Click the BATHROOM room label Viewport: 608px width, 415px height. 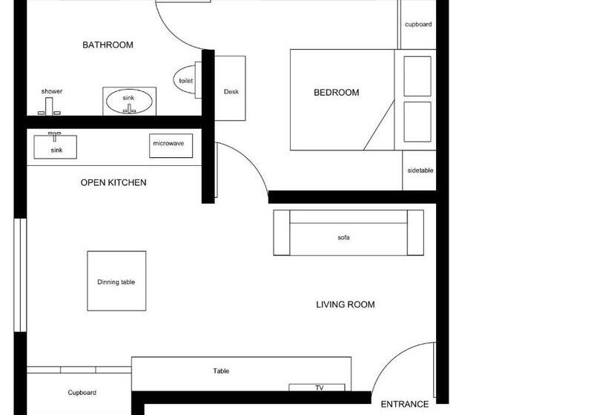tap(108, 45)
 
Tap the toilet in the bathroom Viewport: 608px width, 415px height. tap(186, 80)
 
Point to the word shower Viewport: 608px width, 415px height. tap(52, 91)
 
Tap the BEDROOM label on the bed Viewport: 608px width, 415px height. tap(336, 93)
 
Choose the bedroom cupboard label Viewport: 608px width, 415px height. tap(418, 24)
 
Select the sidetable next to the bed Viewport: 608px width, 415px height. tap(420, 170)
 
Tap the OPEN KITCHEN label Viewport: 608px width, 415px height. tap(113, 182)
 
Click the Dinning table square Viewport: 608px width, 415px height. tap(116, 281)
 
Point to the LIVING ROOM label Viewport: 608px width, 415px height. tap(345, 305)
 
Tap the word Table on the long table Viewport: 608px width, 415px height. tap(221, 371)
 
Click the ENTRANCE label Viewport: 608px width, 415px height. tap(404, 405)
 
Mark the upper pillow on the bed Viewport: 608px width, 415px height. tap(417, 76)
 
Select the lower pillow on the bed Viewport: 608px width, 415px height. tap(417, 122)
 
